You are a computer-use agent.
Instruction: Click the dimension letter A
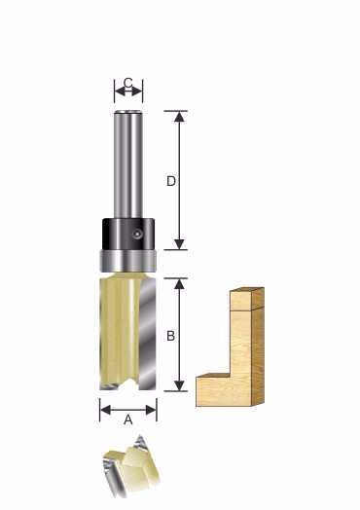[x=128, y=419]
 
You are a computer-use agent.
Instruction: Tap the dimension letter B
[x=170, y=336]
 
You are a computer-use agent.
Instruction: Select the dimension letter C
[x=128, y=83]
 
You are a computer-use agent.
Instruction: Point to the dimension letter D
[x=171, y=181]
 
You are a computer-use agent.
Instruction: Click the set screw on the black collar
[x=137, y=234]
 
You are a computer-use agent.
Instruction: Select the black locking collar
[x=128, y=235]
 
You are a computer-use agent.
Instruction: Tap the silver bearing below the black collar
[x=127, y=261]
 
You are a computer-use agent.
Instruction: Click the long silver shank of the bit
[x=128, y=164]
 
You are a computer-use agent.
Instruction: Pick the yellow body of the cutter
[x=120, y=332]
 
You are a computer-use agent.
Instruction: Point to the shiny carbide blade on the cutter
[x=148, y=334]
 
